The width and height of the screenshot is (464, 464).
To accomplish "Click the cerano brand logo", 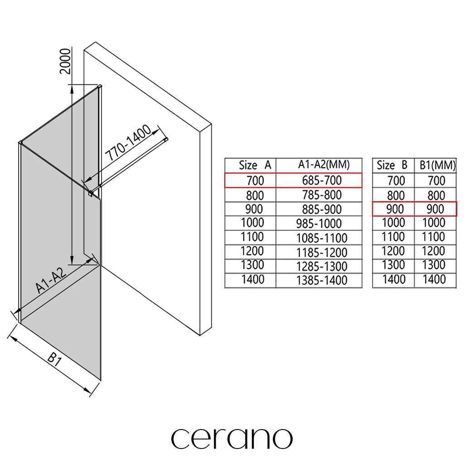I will point(232,438).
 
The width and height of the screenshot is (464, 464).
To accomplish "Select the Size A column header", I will point(255,165).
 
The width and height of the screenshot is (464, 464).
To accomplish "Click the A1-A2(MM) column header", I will point(324,165).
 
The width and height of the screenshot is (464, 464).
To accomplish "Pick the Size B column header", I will point(392,165).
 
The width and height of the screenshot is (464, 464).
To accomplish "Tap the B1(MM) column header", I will point(435,165).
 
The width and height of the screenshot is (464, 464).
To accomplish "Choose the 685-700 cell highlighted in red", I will point(322,180).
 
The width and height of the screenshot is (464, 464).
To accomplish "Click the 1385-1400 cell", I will point(322,280).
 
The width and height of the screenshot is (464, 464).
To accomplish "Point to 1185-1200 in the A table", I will point(322,252).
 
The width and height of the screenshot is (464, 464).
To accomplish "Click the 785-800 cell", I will point(322,195).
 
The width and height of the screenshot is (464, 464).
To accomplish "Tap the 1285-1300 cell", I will point(322,266).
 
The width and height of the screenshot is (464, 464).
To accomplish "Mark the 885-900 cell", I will point(322,209).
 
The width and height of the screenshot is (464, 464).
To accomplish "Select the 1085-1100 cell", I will point(322,238).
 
